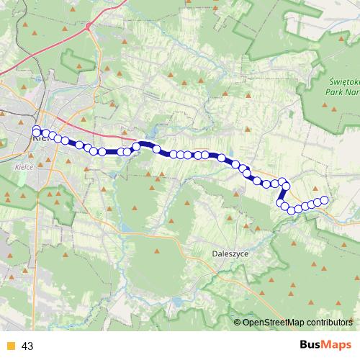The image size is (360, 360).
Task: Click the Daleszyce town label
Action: (x=230, y=253)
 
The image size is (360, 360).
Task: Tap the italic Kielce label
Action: (x=23, y=165)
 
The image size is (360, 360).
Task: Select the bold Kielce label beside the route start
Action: (x=40, y=141)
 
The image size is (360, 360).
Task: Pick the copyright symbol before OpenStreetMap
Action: (x=238, y=322)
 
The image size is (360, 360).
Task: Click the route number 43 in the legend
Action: (x=28, y=346)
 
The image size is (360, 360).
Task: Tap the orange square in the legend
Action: (x=10, y=346)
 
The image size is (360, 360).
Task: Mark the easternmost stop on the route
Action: (x=324, y=200)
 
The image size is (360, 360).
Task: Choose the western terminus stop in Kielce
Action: (x=36, y=130)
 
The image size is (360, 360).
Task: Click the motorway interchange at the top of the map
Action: (x=88, y=27)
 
